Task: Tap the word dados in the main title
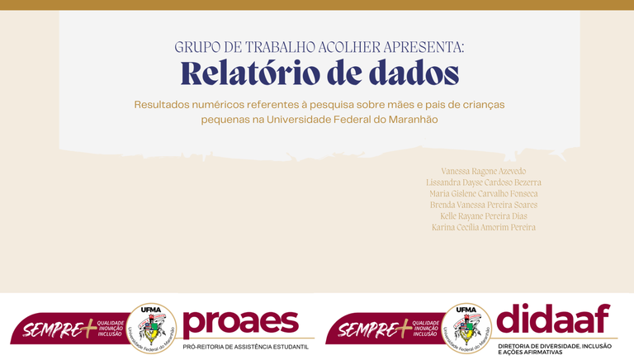coord(410,73)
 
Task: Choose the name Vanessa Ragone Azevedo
coord(484,170)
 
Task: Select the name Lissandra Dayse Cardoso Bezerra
coord(484,182)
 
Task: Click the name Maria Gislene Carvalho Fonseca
coord(484,193)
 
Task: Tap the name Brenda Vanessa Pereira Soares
coord(484,204)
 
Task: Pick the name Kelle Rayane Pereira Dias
coord(484,216)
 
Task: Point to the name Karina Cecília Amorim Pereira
coord(484,227)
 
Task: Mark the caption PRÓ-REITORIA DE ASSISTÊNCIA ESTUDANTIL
coord(245,347)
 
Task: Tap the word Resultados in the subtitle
coord(165,105)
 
